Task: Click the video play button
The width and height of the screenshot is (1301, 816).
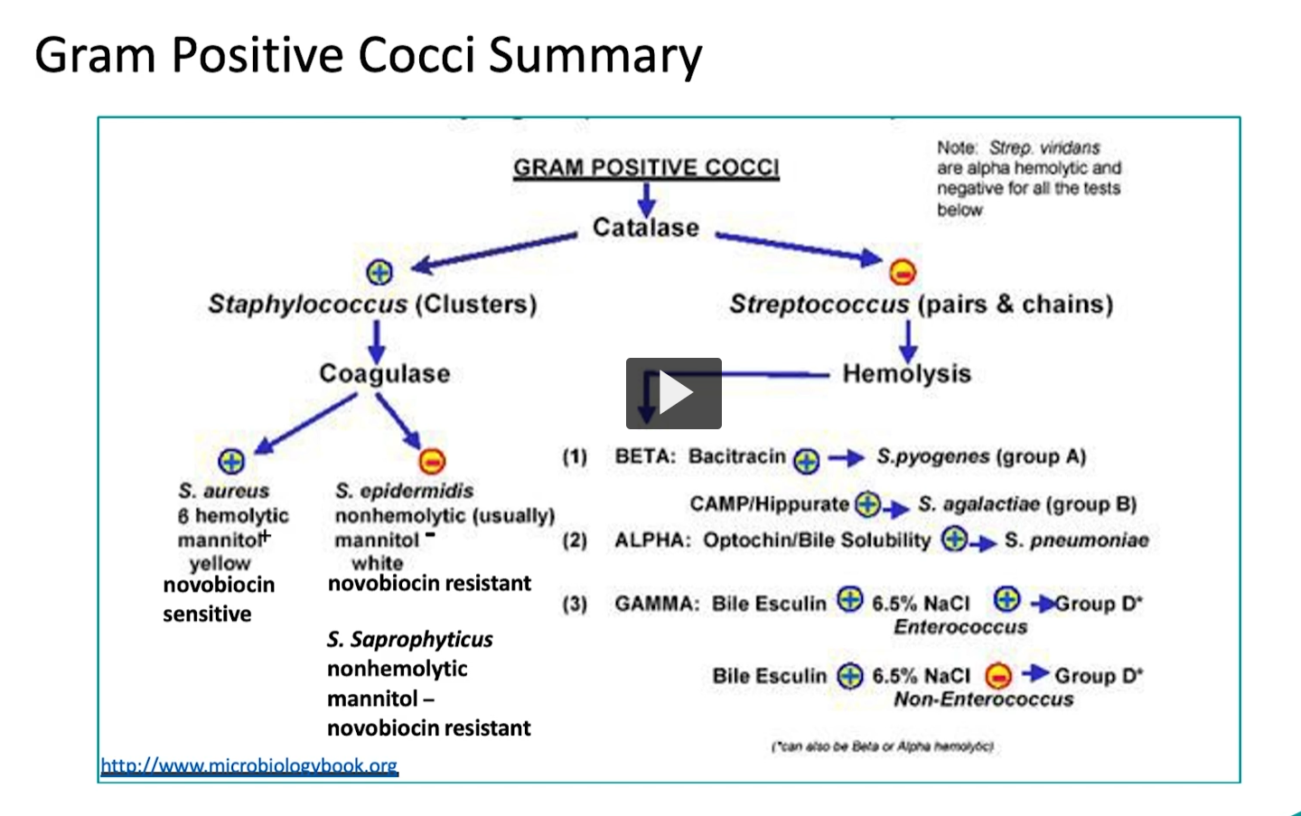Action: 674,393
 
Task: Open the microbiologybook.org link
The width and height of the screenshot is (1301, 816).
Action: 249,765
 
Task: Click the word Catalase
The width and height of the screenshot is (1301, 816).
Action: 646,228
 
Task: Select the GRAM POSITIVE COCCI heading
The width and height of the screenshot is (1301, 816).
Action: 646,168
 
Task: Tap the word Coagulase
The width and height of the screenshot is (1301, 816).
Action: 385,373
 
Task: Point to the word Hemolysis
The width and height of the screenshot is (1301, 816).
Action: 906,373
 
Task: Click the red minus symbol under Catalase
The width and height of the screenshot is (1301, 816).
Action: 903,272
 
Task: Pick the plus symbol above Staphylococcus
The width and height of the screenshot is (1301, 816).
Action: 379,272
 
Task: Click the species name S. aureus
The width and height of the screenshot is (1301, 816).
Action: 224,491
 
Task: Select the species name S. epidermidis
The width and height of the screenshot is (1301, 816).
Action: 404,491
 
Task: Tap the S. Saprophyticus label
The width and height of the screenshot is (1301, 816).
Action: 410,640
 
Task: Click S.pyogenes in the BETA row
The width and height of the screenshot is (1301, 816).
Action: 933,456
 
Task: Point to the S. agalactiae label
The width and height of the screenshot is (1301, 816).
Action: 978,504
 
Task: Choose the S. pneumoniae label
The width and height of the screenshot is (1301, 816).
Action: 1076,540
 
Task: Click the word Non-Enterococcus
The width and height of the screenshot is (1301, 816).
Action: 984,699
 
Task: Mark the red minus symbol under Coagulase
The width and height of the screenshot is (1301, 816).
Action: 432,462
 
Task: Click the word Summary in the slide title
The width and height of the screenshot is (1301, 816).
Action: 595,56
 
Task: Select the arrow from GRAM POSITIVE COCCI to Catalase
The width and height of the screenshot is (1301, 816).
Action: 646,199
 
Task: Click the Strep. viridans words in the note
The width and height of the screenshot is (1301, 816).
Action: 1044,147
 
